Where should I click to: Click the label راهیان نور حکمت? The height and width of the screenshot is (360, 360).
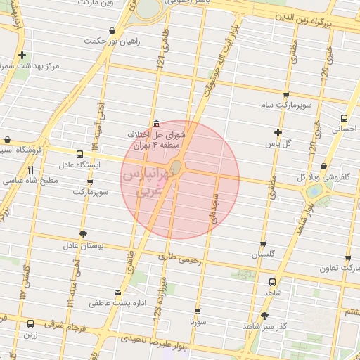[x=112, y=41]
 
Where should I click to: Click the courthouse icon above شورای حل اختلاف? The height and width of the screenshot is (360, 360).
[x=155, y=123]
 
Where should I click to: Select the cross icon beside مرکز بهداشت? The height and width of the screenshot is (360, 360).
[x=23, y=55]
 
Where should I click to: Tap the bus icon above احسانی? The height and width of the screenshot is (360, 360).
[x=344, y=118]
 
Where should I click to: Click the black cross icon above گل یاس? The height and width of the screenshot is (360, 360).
[x=278, y=132]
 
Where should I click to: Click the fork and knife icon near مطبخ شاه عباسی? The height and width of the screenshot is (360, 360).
[x=30, y=169]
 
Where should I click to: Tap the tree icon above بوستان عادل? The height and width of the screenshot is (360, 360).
[x=84, y=233]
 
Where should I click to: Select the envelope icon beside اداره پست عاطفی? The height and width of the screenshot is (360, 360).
[x=117, y=292]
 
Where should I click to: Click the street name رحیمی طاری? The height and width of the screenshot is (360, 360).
[x=181, y=258]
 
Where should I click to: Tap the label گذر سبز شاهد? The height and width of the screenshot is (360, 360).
[x=264, y=327]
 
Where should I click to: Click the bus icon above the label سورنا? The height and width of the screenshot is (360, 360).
[x=197, y=310]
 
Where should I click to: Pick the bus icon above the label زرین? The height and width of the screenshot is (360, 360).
[x=30, y=324]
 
